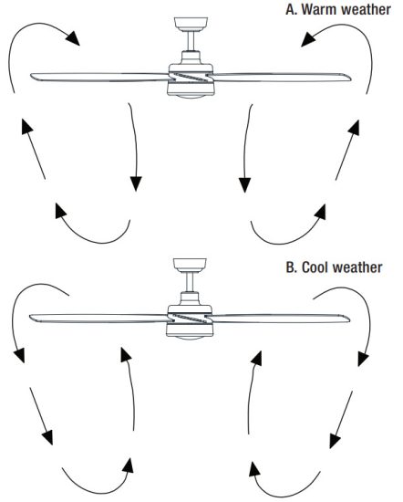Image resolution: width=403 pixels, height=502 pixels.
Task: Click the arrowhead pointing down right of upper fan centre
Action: [x=244, y=185]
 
